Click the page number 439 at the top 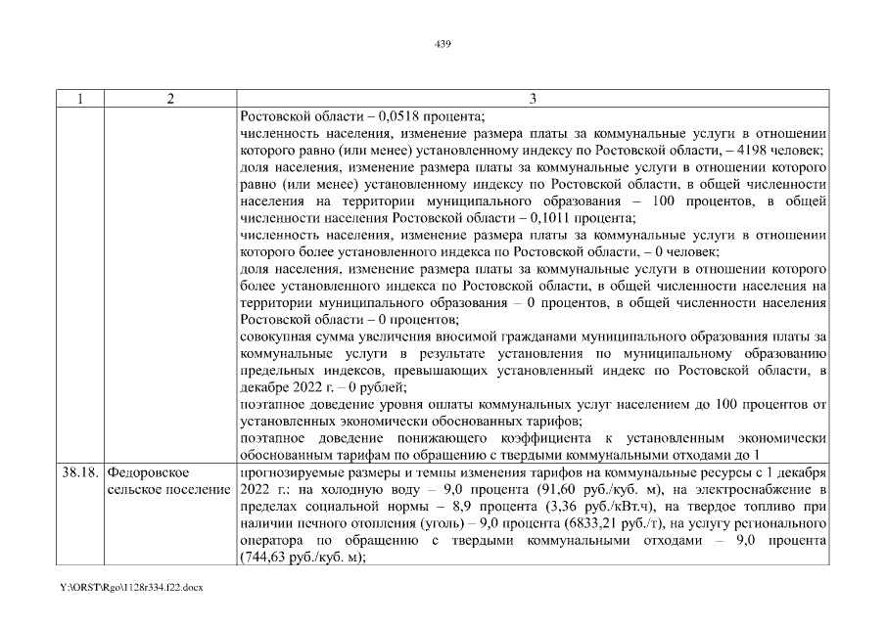pos(443,44)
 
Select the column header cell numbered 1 pos(80,98)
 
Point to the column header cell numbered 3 pos(533,98)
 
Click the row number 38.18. pos(80,472)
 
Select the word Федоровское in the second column pos(148,472)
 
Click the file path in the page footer pos(130,593)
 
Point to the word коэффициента pos(549,437)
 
